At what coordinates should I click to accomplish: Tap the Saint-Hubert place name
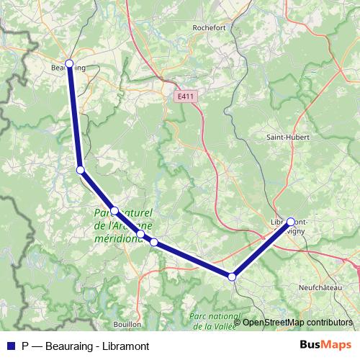coord(284,137)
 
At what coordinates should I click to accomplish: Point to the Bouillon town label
coord(127,325)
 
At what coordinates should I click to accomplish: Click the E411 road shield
coord(185,95)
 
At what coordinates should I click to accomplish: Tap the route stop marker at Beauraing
coord(70,63)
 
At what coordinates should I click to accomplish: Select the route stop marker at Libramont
coord(291,222)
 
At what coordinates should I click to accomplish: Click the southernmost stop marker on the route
coord(232,276)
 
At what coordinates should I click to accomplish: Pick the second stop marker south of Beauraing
coord(114,211)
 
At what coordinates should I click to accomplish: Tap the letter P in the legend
coord(25,346)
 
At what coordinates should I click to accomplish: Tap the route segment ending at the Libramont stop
coord(261,250)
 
